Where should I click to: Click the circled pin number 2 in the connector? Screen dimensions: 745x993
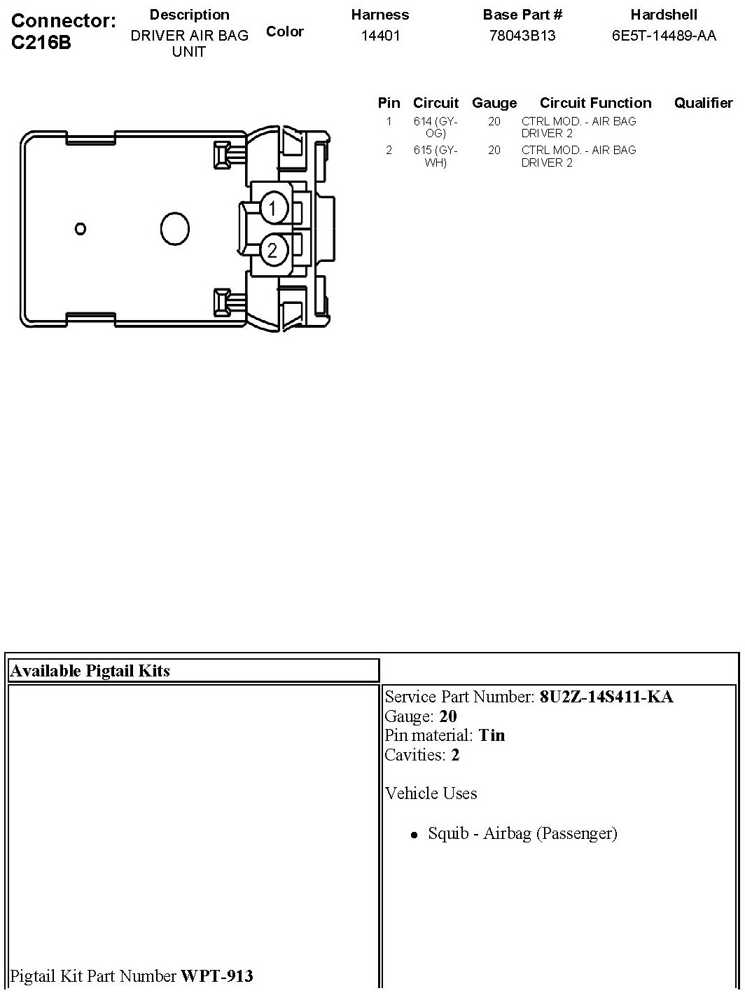click(272, 250)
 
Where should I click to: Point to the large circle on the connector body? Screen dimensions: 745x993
click(175, 228)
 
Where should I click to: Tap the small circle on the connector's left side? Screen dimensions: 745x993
click(81, 228)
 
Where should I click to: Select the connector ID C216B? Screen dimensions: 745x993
click(42, 42)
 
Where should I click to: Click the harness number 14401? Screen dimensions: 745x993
click(380, 36)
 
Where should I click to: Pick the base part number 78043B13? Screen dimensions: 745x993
click(522, 36)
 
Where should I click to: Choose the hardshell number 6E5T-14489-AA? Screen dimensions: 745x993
click(664, 36)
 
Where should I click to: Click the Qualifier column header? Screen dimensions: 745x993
click(703, 103)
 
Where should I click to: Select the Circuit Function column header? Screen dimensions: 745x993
click(595, 103)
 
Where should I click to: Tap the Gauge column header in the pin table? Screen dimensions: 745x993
click(494, 103)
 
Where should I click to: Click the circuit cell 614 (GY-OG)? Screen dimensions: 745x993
click(436, 127)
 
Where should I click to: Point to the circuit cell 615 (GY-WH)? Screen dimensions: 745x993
click(436, 156)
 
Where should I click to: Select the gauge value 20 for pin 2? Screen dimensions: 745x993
click(494, 150)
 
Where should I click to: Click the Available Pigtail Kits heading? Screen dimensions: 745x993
click(90, 671)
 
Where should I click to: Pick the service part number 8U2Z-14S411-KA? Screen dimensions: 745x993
click(606, 697)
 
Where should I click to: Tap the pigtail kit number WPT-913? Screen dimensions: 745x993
click(217, 975)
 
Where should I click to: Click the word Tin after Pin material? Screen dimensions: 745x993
click(492, 735)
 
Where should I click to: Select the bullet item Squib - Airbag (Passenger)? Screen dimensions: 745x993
click(522, 833)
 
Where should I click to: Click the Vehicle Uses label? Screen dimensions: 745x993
click(431, 793)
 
